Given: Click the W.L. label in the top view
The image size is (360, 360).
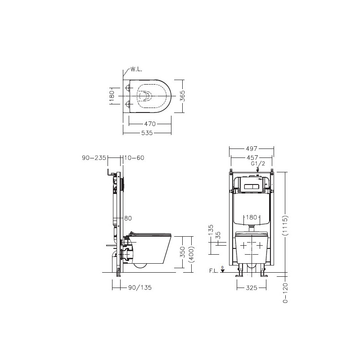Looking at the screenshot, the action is (x=136, y=69).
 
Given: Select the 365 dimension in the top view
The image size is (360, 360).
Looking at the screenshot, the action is (x=182, y=96).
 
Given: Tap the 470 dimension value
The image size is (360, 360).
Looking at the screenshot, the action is (x=150, y=124).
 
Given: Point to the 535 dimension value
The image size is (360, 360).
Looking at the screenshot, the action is (x=147, y=133).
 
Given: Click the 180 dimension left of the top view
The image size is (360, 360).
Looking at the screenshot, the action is (x=112, y=96).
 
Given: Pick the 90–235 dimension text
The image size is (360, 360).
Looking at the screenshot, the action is (x=94, y=158).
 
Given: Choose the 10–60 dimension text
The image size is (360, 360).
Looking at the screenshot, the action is (x=134, y=158).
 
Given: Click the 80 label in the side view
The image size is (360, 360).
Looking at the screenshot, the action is (x=128, y=218).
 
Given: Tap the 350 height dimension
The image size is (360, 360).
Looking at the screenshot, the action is (x=182, y=252).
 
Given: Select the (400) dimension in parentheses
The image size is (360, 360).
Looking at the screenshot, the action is (x=191, y=254).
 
